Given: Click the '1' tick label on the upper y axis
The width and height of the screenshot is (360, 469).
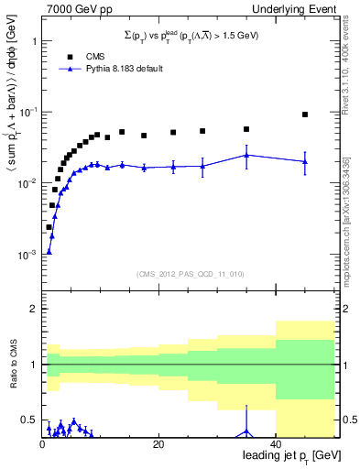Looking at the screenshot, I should click(33, 41).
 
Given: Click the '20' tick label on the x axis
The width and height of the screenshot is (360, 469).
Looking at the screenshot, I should click(158, 444).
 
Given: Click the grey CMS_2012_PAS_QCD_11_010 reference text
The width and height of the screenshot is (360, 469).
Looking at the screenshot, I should click(190, 273).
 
